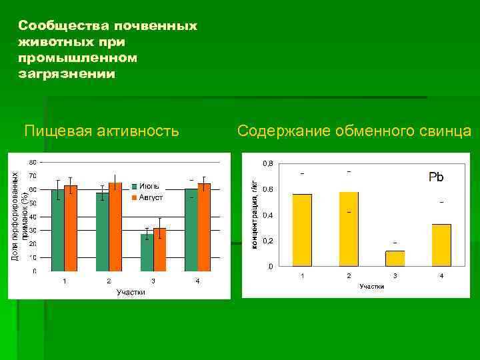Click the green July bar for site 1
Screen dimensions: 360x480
[58, 230]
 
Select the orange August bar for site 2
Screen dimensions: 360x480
[115, 227]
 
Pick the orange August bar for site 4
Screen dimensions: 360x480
[204, 227]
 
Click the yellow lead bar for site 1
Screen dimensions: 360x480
[302, 230]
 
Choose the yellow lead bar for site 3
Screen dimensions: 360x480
[395, 259]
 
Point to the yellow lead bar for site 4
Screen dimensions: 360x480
[441, 245]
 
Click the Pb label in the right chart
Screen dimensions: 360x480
[436, 177]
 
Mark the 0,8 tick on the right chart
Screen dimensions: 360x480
[267, 164]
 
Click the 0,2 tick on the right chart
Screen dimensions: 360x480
[267, 241]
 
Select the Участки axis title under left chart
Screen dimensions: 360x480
[131, 292]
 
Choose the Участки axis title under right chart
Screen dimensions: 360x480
[371, 286]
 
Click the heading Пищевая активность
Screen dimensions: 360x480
[101, 131]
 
